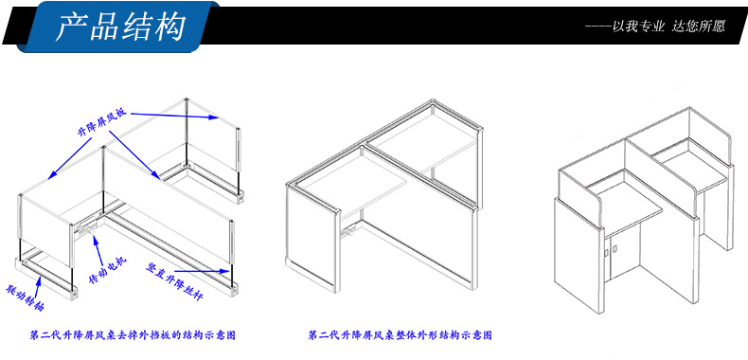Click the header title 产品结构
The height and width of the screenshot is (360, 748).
pos(119,26)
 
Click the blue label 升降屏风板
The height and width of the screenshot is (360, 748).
pos(102,124)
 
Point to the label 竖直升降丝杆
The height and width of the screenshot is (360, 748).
pos(175,281)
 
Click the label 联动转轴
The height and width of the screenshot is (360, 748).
pos(25,297)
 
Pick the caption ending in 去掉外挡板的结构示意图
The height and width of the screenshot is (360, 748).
pos(133,335)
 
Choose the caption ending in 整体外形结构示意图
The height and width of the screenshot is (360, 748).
pos(400,335)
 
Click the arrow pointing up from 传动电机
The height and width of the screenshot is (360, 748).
pos(98,248)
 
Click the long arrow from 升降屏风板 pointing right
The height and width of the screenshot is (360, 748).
pos(174,115)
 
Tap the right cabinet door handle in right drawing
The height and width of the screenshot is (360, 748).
pos(614,248)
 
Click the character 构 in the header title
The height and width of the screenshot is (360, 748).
pos(170,26)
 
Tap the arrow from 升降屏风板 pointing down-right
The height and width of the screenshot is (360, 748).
pos(135,154)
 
